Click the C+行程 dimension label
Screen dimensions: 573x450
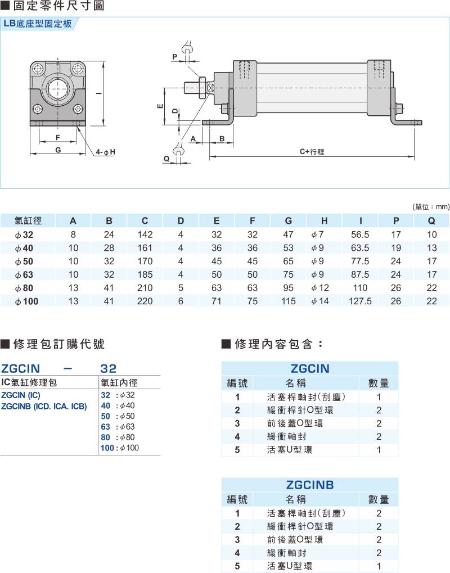(x=312, y=151)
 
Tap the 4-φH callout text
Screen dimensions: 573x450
(x=105, y=152)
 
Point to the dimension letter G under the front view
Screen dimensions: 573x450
(x=58, y=150)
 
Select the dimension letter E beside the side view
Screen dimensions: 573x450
(x=160, y=106)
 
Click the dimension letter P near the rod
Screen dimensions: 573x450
(x=175, y=57)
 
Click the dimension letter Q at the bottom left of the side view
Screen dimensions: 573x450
(x=166, y=159)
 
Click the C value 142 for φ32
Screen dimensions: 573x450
(x=145, y=234)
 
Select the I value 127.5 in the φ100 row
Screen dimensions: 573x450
(x=360, y=301)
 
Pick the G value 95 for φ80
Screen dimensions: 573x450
(x=289, y=288)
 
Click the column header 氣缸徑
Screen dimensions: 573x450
(x=28, y=220)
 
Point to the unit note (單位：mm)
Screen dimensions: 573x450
(x=431, y=207)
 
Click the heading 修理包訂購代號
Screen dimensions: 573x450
(x=58, y=344)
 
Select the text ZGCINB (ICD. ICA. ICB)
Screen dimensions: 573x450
(x=44, y=406)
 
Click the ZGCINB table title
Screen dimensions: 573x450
(x=309, y=485)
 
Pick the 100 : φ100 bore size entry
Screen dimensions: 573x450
(x=119, y=448)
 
